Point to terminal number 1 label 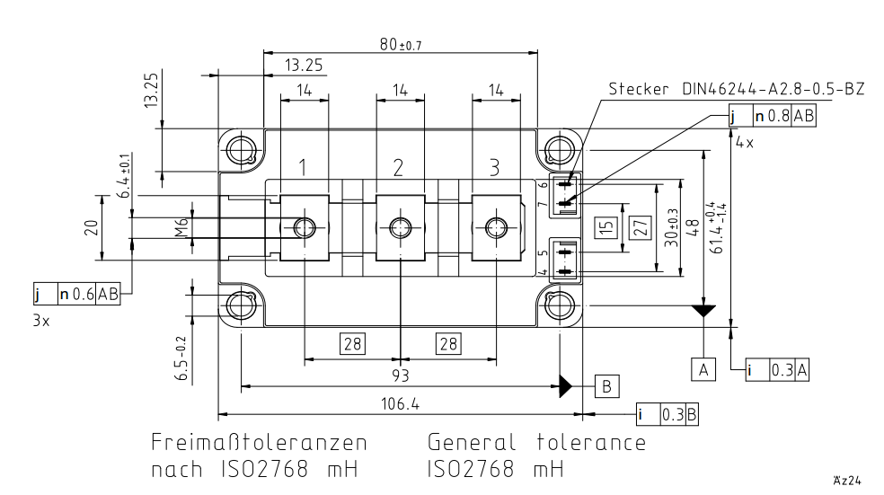click(305, 167)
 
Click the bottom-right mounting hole click(560, 305)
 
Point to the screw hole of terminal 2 click(399, 227)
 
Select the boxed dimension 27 click(640, 227)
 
